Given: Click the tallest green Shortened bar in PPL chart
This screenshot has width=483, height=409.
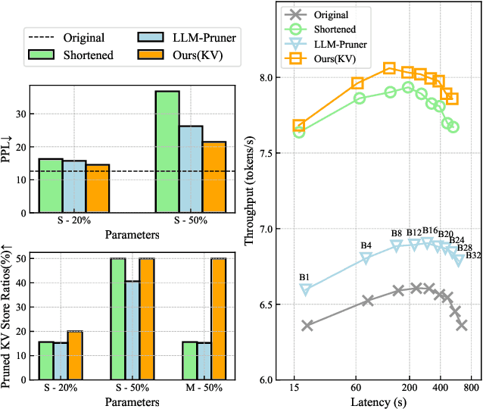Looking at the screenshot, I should coord(167,152).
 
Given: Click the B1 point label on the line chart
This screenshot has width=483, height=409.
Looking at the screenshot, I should coord(305,279).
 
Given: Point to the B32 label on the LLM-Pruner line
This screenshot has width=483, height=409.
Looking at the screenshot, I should coord(473,255).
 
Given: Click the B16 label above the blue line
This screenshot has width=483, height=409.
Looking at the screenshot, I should coord(430,230).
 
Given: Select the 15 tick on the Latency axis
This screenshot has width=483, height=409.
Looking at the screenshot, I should coord(294,388).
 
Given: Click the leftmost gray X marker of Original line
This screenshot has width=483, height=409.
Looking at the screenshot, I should coord(307,326).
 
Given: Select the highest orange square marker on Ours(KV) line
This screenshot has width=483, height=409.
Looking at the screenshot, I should coord(389,69).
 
